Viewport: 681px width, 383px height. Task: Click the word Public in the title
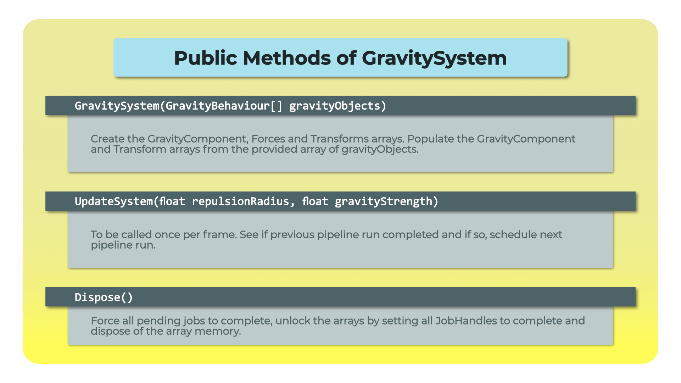click(x=205, y=58)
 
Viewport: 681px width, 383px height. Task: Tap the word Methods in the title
click(x=287, y=58)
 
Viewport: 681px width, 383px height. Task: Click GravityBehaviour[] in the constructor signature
click(x=224, y=106)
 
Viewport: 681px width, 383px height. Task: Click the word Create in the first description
click(x=107, y=139)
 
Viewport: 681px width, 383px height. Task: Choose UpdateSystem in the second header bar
click(x=114, y=201)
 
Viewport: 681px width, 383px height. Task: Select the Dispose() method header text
click(x=104, y=297)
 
